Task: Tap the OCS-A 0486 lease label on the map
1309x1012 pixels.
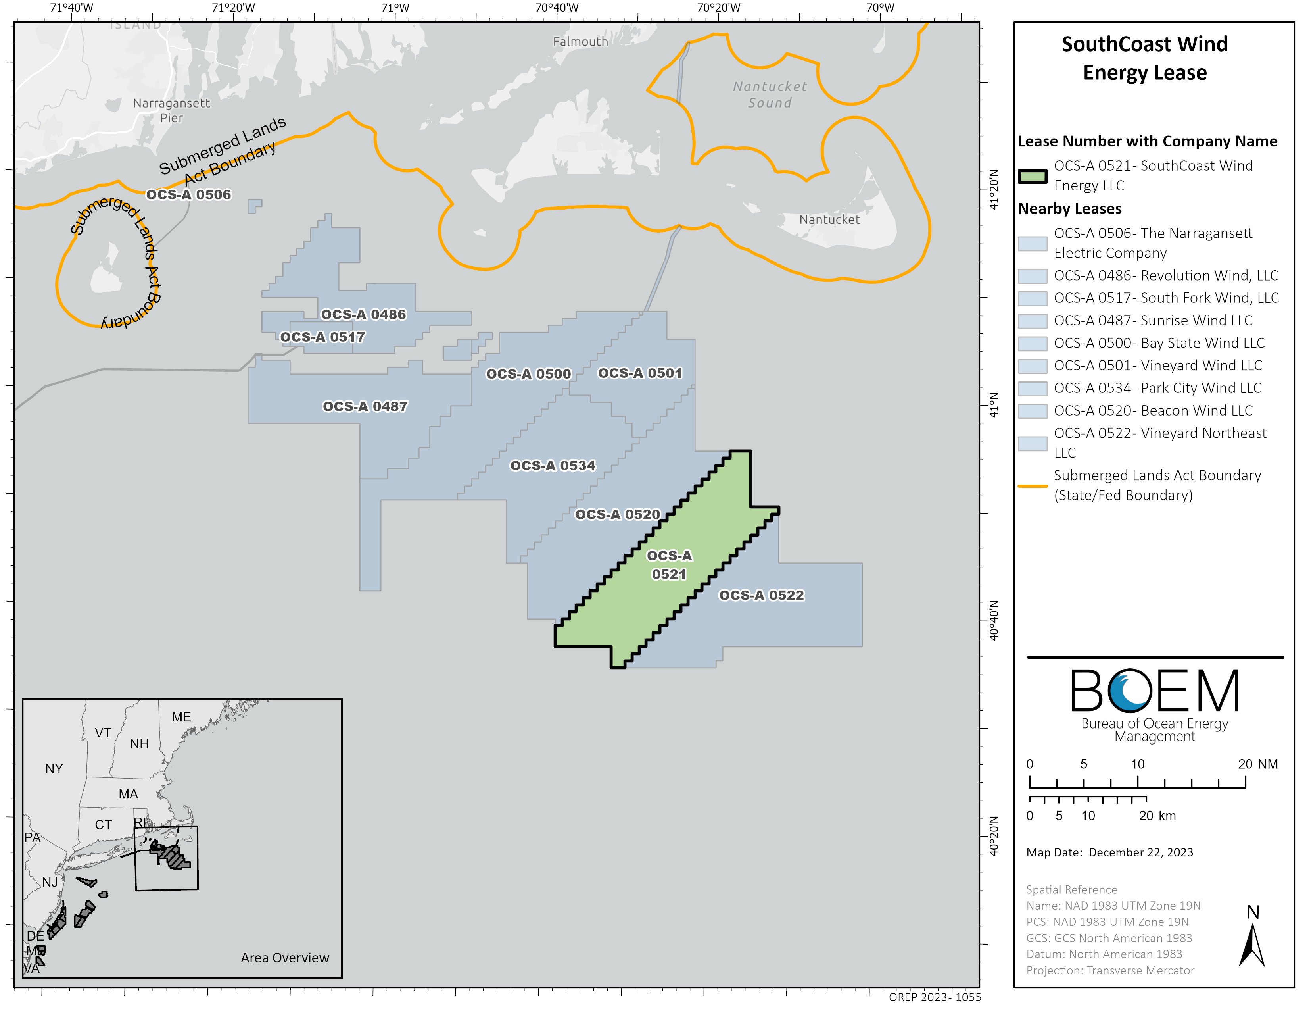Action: click(363, 315)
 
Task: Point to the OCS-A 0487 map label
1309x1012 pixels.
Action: click(365, 406)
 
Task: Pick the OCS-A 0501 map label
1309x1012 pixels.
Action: click(640, 373)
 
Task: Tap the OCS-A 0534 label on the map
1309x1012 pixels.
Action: click(553, 466)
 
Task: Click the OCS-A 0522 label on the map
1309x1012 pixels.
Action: click(761, 595)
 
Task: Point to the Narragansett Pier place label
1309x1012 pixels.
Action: click(171, 110)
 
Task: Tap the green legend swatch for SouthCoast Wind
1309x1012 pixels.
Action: click(1032, 176)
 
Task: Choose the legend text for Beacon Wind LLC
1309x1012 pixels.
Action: click(1153, 411)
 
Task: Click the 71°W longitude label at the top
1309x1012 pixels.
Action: click(395, 8)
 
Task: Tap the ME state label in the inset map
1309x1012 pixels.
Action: click(181, 717)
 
